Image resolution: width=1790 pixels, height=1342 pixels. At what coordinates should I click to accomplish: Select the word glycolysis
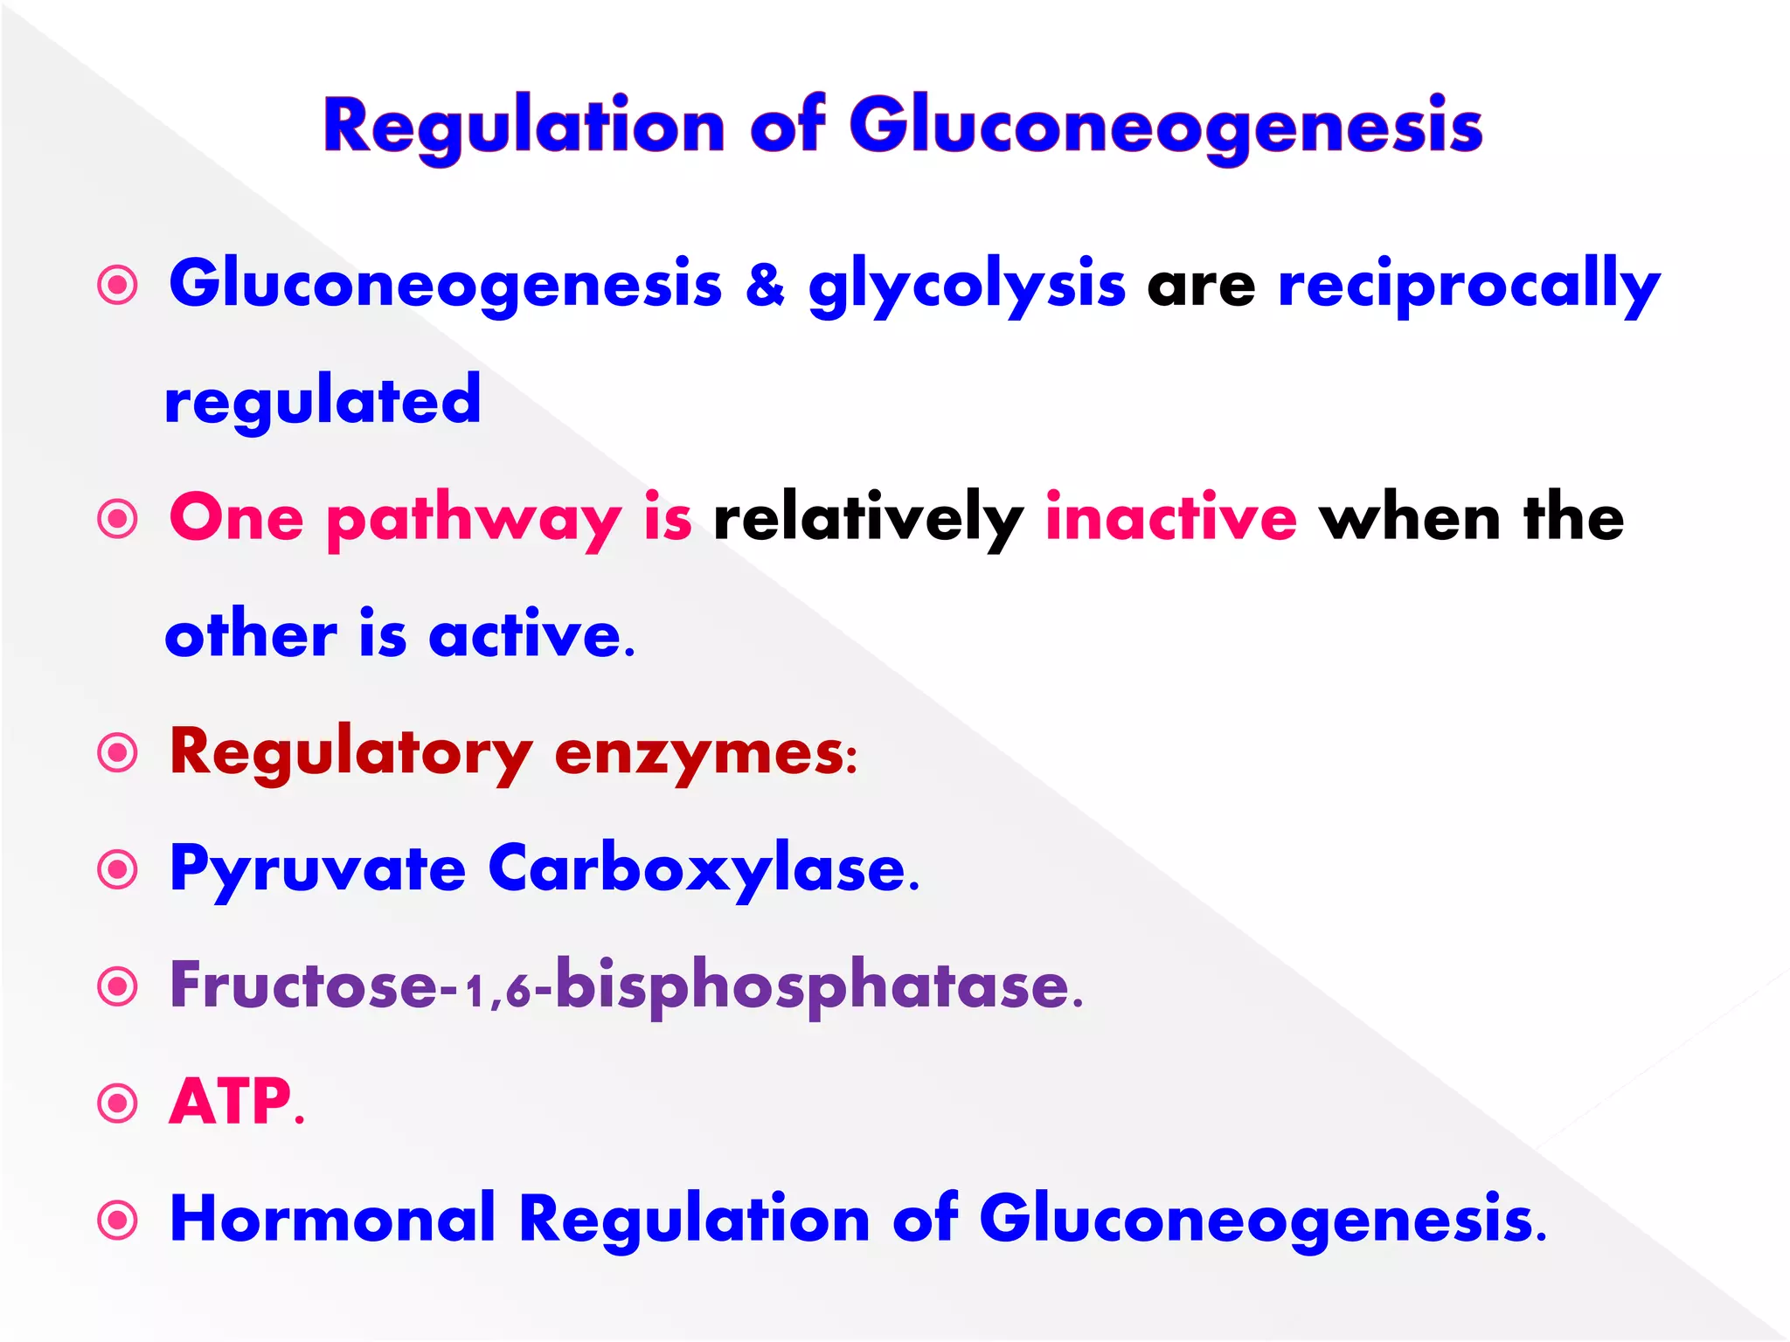point(966,287)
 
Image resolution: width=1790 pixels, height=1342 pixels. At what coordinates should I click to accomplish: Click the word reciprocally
point(1468,287)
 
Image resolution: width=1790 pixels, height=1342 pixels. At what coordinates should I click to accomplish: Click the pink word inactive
point(1170,518)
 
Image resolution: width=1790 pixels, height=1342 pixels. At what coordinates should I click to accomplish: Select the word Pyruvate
point(317,870)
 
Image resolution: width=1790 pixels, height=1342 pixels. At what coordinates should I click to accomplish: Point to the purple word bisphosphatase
point(813,986)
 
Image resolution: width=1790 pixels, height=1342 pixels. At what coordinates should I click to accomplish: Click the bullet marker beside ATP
point(118,1103)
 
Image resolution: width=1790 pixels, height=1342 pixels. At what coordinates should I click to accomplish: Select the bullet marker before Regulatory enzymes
point(118,753)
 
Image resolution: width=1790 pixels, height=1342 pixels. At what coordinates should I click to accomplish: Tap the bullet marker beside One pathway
point(118,519)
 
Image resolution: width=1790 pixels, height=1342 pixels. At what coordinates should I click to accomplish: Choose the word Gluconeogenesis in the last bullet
point(1256,1220)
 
